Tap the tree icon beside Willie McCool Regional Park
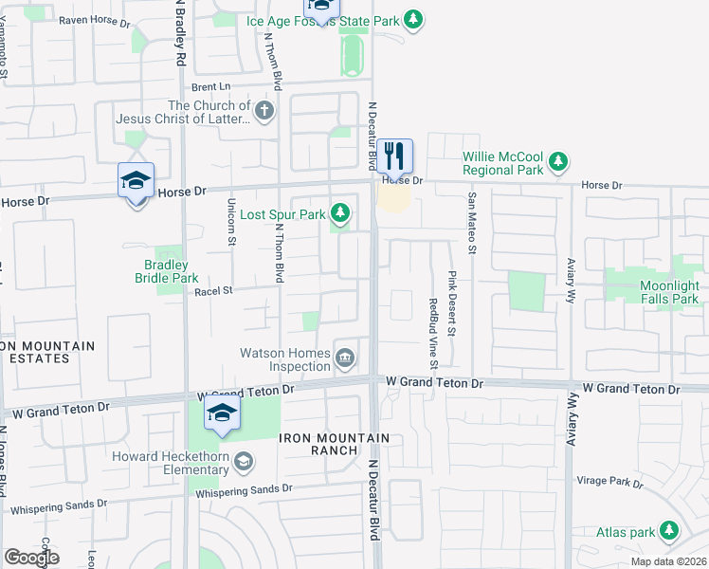(x=558, y=160)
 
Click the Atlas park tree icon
(x=669, y=530)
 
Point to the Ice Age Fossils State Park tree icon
(x=411, y=19)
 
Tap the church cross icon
(x=264, y=113)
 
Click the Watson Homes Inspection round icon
(x=346, y=358)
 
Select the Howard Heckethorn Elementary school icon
(x=244, y=462)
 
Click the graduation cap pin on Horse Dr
(x=136, y=180)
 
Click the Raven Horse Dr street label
(x=94, y=20)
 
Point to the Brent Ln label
(x=211, y=85)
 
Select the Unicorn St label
(x=231, y=221)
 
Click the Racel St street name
(x=213, y=292)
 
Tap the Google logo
(x=31, y=558)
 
